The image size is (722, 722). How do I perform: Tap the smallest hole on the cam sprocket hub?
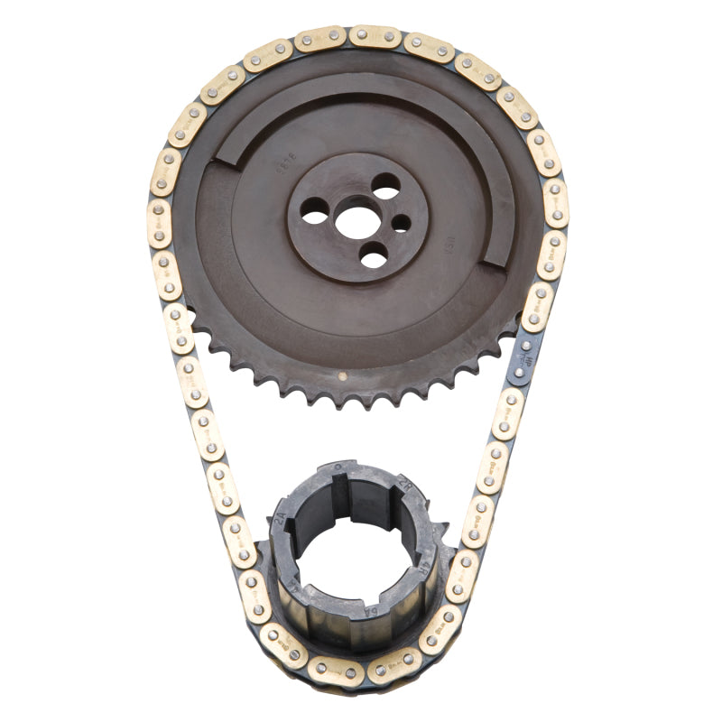pos(402,223)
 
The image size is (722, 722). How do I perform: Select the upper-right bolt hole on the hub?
pos(385,186)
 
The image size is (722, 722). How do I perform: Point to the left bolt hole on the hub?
pos(315,217)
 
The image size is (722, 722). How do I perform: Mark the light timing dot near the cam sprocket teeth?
pos(342,373)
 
